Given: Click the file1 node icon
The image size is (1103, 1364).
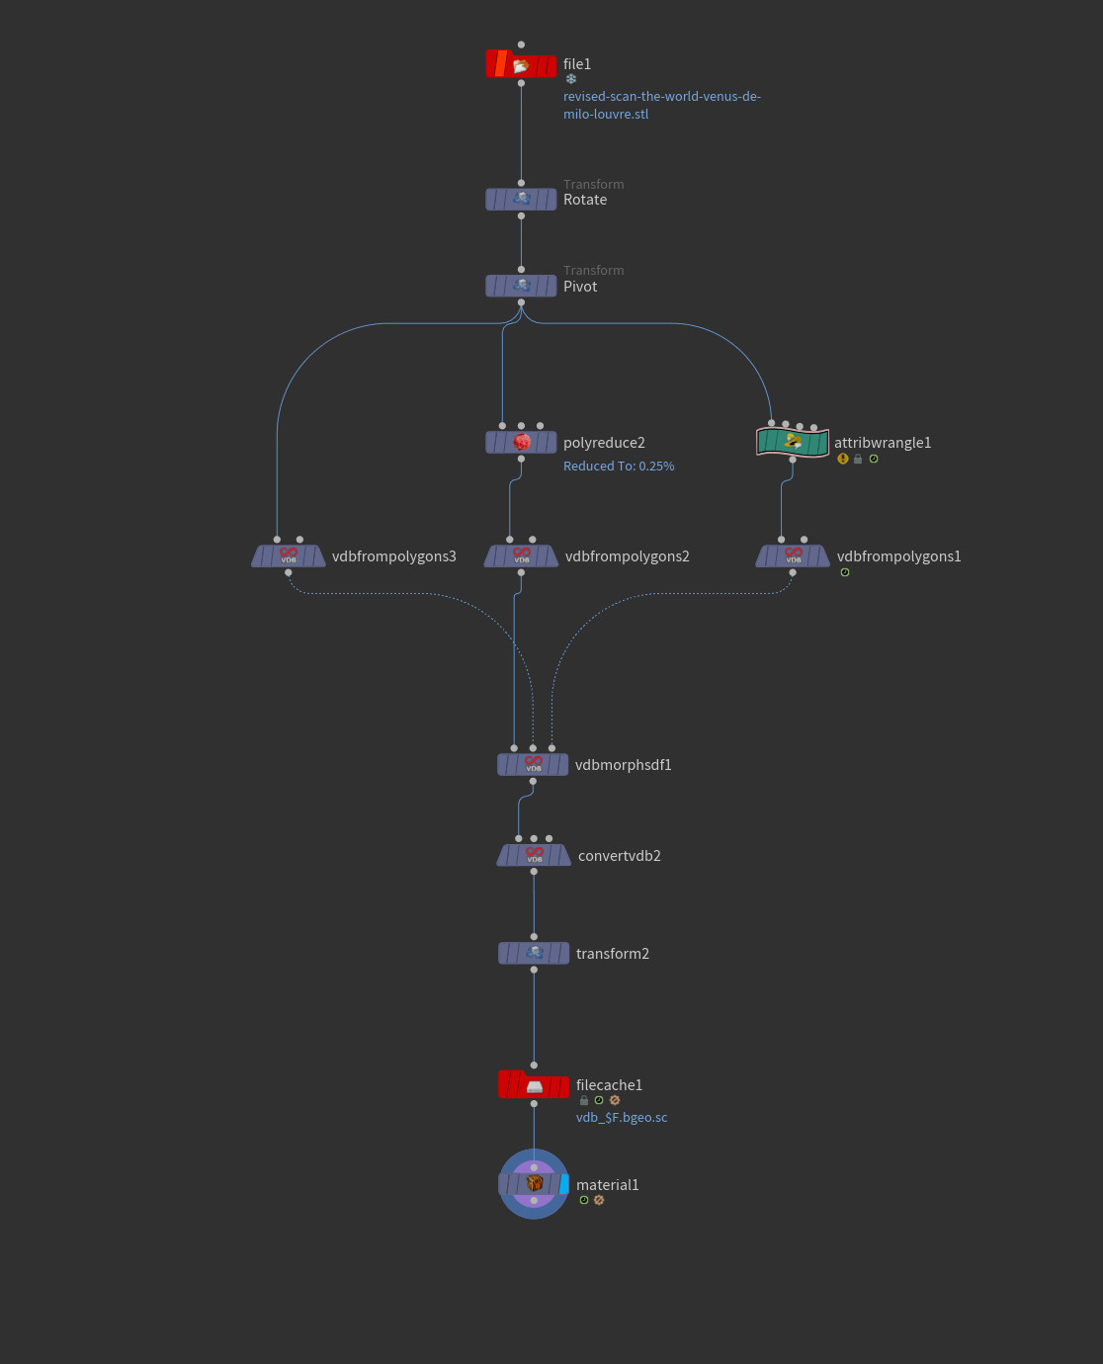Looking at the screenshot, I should point(521,64).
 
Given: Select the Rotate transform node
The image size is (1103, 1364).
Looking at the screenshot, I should point(521,200).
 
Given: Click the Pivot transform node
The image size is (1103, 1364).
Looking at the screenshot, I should point(521,286).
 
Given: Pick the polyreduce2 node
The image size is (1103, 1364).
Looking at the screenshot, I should point(521,442).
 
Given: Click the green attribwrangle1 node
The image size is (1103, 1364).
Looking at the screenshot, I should point(792,442).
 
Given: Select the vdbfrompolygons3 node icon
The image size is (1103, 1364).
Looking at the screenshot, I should point(288,555).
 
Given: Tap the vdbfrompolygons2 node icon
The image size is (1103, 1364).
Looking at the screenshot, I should point(521,555).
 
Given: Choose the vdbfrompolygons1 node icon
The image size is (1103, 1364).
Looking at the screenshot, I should point(793,555).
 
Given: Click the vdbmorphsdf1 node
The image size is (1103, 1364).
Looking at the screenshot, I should point(533,764).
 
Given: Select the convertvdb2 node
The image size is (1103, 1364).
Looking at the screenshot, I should point(534,855).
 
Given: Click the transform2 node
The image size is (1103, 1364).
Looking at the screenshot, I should point(534,953).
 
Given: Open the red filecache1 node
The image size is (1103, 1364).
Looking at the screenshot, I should point(534,1085).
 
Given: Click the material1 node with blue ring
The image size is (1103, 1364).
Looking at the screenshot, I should point(534,1184).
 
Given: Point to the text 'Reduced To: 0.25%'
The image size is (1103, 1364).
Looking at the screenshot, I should point(619,467).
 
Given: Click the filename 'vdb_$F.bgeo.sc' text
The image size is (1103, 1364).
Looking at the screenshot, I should point(622,1118).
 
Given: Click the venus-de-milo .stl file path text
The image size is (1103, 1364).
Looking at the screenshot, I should point(661,105).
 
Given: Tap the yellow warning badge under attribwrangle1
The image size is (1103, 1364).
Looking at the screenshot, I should point(843,459).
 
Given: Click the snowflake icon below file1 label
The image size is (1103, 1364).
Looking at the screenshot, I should point(570,79).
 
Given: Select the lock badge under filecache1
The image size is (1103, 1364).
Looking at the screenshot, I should point(584,1101).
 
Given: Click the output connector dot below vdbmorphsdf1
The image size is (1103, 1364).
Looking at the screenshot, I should point(533,781).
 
